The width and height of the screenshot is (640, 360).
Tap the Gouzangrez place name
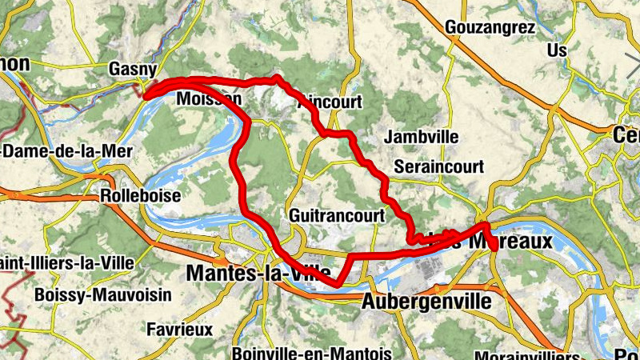[x=491, y=27]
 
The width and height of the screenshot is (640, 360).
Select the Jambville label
[x=421, y=137]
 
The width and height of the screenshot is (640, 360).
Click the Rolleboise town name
[x=141, y=196]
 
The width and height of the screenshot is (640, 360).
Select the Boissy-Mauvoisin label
[x=103, y=294]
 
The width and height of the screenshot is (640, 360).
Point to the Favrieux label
[x=180, y=329]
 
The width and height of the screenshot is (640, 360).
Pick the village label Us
[x=557, y=50]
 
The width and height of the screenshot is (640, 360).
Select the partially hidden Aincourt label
[x=332, y=102]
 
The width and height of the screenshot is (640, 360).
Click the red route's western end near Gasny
[x=146, y=96]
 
